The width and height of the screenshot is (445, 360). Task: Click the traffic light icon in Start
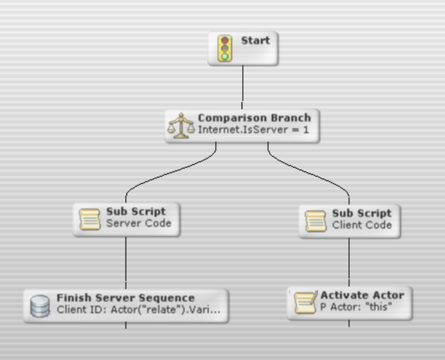(225, 48)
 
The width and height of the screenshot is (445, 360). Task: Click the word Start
(255, 41)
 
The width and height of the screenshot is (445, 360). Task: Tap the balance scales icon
(181, 125)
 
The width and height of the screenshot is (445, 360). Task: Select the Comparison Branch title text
(254, 118)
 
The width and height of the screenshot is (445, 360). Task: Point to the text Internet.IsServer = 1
(253, 129)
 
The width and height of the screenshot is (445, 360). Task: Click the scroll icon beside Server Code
(91, 219)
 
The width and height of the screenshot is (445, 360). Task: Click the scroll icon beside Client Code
(316, 220)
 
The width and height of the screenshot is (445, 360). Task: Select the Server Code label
(139, 223)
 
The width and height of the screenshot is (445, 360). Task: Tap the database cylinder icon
(40, 306)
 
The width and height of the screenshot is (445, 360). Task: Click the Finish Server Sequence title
(125, 298)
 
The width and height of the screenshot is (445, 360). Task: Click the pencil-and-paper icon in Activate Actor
(303, 303)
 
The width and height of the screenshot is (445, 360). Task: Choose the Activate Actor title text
(362, 295)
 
